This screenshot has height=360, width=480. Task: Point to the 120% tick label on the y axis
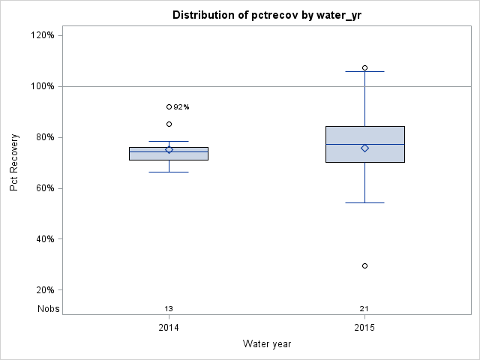pyautogui.click(x=41, y=35)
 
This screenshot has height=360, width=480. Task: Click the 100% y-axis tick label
pyautogui.click(x=41, y=86)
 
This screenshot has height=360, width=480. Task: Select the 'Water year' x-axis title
pyautogui.click(x=266, y=343)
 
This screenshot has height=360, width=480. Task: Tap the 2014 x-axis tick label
pyautogui.click(x=169, y=328)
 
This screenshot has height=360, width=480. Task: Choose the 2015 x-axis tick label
pyautogui.click(x=364, y=328)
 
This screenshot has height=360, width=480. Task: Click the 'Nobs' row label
pyautogui.click(x=49, y=308)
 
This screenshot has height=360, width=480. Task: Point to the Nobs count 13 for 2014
pyautogui.click(x=169, y=308)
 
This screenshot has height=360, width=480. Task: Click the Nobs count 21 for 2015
pyautogui.click(x=364, y=308)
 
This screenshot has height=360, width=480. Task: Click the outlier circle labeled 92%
pyautogui.click(x=169, y=106)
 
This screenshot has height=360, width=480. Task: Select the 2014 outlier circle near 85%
pyautogui.click(x=169, y=124)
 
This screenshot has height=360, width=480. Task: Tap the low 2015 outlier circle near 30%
pyautogui.click(x=364, y=265)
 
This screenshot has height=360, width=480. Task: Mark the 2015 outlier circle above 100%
pyautogui.click(x=364, y=67)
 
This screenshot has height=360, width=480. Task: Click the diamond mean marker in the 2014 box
pyautogui.click(x=169, y=149)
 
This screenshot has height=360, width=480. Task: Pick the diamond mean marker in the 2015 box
pyautogui.click(x=364, y=148)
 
